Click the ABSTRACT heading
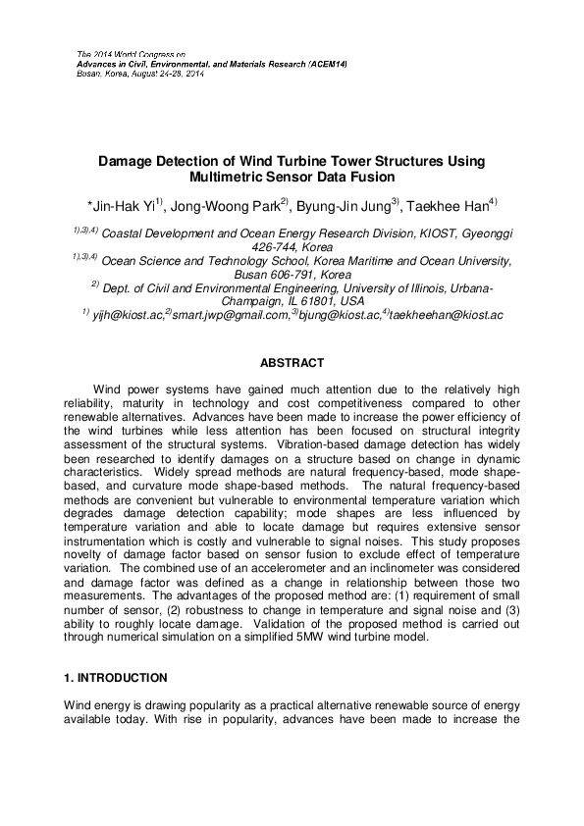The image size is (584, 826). point(292,362)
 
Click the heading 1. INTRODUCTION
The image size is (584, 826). point(116,678)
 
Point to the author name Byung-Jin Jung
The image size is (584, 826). point(347,205)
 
